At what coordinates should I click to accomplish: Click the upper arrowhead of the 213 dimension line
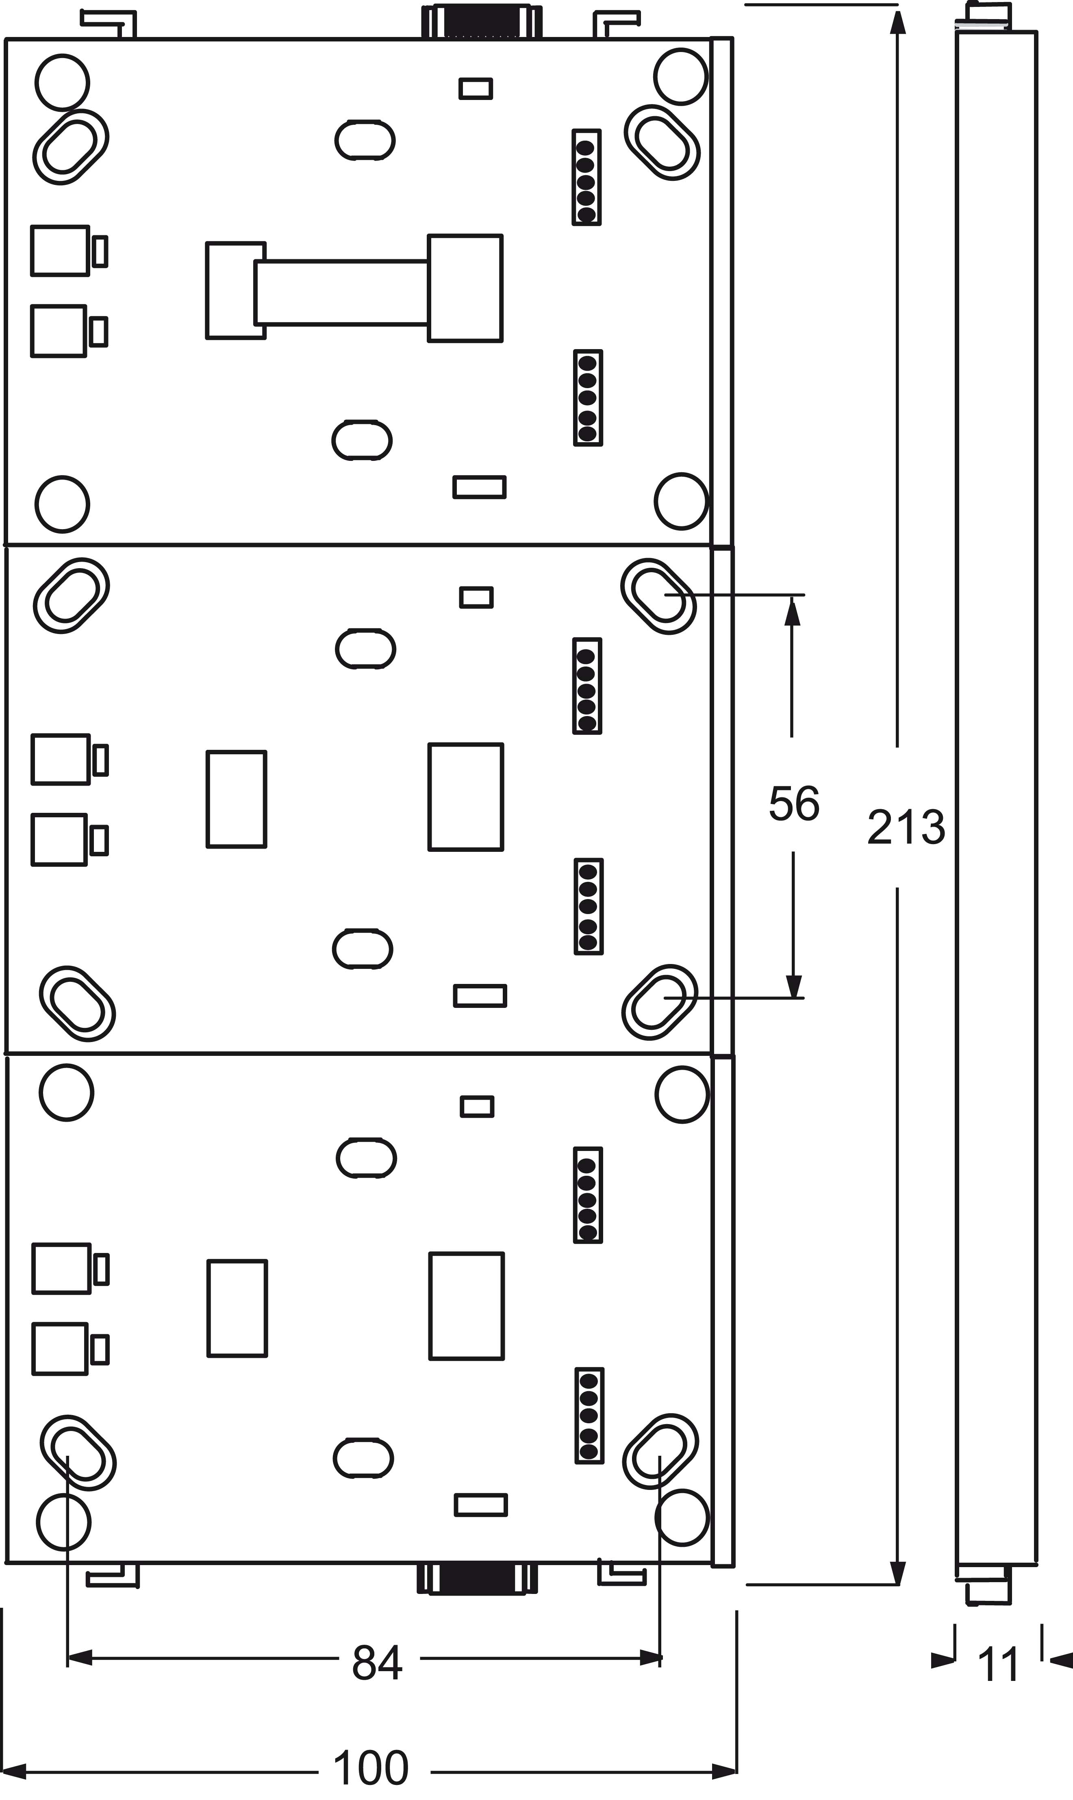897,22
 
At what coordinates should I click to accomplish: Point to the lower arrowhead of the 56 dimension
794,985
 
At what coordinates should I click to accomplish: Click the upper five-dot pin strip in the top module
586,177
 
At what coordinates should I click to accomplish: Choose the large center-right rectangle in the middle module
466,797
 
